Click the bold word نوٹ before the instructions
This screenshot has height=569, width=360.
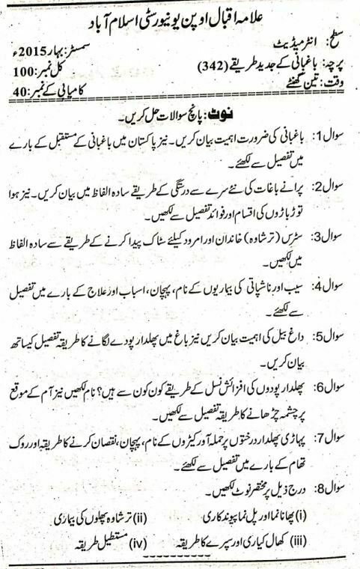231,113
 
